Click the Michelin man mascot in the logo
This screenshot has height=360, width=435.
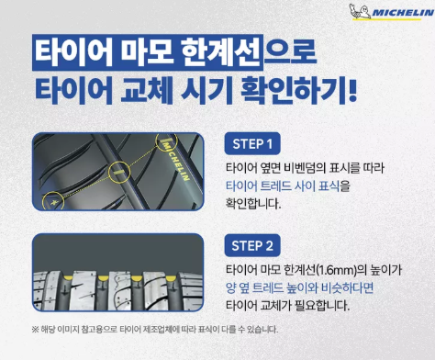[357, 14]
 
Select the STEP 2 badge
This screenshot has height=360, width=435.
[251, 245]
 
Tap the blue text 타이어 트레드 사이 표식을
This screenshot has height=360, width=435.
[287, 186]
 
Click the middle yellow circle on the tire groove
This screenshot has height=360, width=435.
[119, 171]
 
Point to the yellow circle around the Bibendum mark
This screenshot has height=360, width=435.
[56, 199]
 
